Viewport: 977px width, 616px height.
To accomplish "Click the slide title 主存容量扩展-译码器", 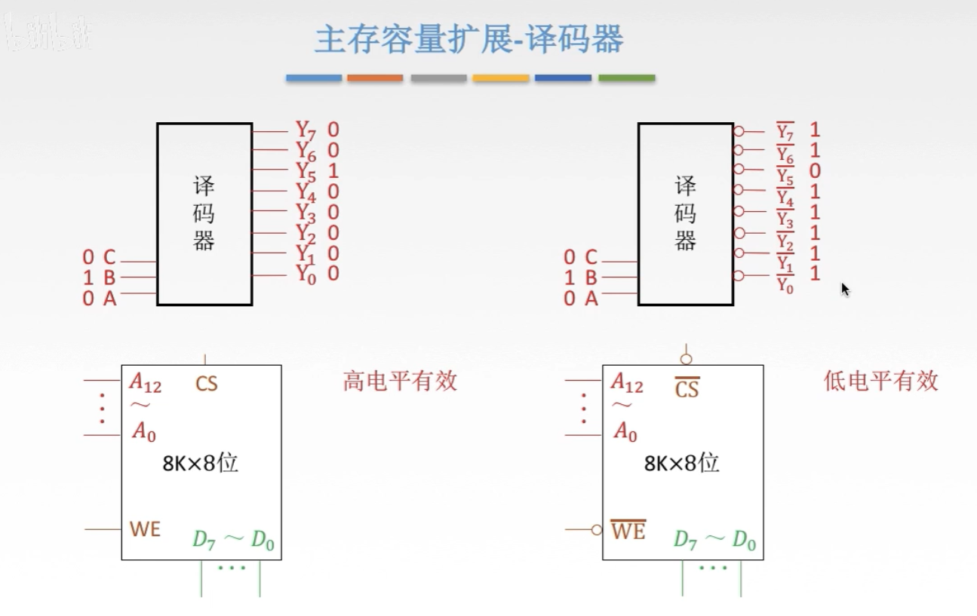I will [x=469, y=39].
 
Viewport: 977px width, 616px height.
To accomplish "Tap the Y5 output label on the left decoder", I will [x=306, y=172].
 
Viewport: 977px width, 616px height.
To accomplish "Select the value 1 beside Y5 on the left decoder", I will [x=333, y=171].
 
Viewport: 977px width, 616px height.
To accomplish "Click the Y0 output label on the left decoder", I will [x=306, y=275].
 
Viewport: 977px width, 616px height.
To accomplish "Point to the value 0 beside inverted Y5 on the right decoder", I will [x=815, y=171].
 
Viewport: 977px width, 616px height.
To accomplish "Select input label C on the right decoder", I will [x=591, y=258].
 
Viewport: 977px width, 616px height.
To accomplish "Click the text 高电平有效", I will [x=400, y=381].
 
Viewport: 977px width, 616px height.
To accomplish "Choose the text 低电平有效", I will [x=880, y=381].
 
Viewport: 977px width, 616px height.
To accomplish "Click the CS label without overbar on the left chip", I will [x=206, y=384].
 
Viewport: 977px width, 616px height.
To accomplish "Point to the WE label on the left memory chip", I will [x=145, y=529].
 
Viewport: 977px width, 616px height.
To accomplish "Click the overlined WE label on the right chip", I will [x=628, y=531].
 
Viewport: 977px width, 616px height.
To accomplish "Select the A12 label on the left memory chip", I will [x=146, y=383].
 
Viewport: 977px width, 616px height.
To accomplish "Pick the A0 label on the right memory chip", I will [x=625, y=432].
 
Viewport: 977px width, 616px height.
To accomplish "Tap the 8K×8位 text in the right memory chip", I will [x=681, y=463].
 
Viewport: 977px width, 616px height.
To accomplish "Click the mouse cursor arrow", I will [x=845, y=289].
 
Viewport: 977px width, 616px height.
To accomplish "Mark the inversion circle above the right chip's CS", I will [x=686, y=359].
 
